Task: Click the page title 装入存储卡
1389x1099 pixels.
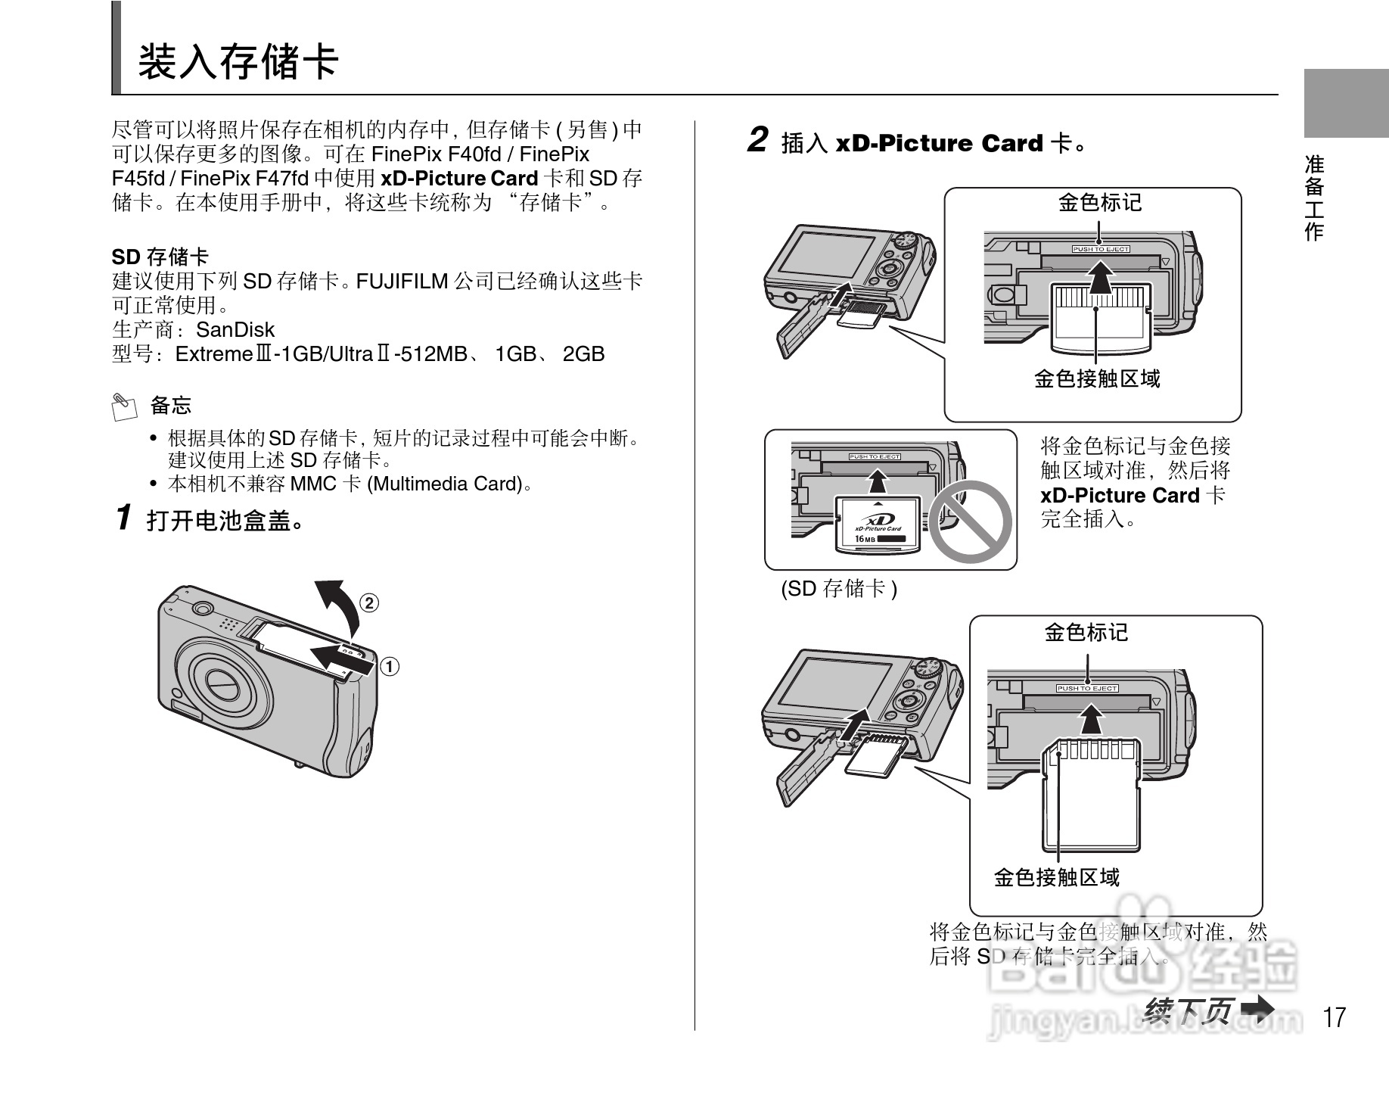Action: pos(238,61)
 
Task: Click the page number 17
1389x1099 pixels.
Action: pos(1335,1016)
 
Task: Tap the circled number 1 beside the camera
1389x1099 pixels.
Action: pos(389,666)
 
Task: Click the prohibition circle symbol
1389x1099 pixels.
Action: pos(970,521)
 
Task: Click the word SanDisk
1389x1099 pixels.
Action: pos(235,330)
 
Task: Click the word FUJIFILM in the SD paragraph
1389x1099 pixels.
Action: pos(402,282)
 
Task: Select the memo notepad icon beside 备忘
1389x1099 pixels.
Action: pos(123,406)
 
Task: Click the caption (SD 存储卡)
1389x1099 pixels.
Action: pos(838,589)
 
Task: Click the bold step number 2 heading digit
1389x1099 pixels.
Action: pos(757,141)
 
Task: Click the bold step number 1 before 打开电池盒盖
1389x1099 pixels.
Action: pos(125,518)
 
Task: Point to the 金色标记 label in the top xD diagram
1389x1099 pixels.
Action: pos(1099,202)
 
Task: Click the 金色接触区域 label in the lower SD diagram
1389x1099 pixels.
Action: pos(1056,877)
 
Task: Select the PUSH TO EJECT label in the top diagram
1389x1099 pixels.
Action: pos(1100,249)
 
